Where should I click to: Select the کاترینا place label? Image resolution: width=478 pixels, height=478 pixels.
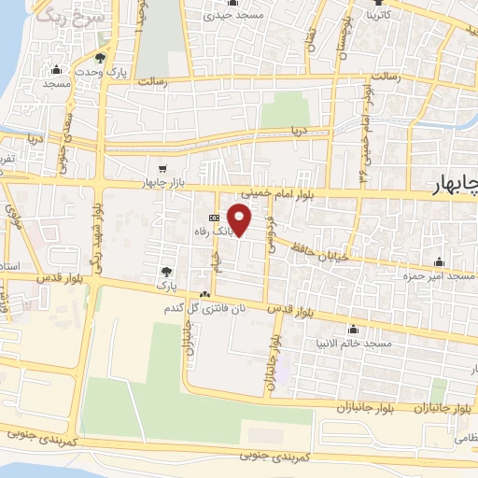point(387,16)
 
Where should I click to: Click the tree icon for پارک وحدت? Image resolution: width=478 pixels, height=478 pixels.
point(100,58)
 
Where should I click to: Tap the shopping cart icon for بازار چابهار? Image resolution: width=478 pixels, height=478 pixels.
point(162,169)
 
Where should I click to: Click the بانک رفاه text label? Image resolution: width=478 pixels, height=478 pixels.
point(212,231)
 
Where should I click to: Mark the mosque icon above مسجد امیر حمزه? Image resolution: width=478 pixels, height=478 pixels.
point(439,262)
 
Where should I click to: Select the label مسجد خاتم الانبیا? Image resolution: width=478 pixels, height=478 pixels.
point(353,344)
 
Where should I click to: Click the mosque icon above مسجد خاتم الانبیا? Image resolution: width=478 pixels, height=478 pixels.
point(353,330)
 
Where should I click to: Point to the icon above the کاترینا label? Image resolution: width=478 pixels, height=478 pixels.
point(385,3)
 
